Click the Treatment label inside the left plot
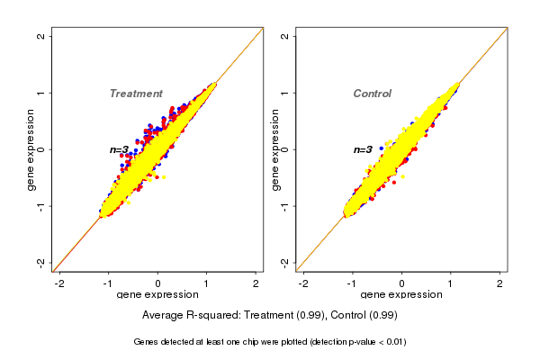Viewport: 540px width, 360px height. point(136,94)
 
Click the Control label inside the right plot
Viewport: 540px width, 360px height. point(372,94)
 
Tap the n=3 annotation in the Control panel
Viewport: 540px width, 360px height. point(363,150)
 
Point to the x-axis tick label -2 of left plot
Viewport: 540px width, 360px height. point(59,283)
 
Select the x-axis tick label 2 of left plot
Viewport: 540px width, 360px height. point(256,283)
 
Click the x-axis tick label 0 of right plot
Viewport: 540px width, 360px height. point(401,283)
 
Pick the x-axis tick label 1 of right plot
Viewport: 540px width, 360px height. point(451,283)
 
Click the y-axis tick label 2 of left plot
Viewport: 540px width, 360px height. point(40,36)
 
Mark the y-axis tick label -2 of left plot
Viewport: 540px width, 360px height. point(40,262)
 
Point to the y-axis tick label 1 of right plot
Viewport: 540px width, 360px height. point(284,93)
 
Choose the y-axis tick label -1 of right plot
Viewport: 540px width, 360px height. point(284,206)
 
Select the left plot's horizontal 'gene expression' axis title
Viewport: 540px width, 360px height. point(158,296)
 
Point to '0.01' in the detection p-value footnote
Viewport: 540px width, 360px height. point(393,342)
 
